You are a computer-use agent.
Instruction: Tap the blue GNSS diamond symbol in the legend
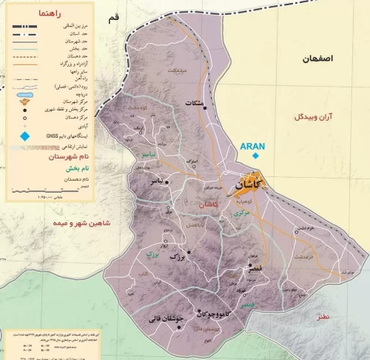coord(24,136)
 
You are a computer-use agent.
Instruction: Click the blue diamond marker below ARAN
coord(255,156)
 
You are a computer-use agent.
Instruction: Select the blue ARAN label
coord(254,146)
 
